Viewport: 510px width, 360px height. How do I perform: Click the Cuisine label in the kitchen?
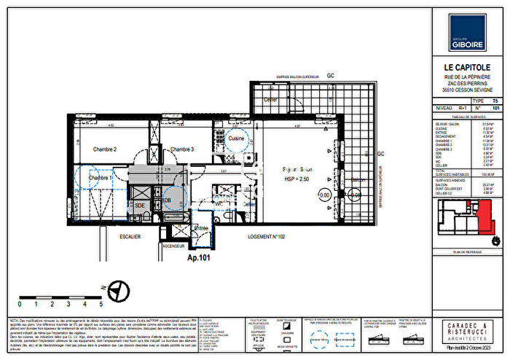coord(235,138)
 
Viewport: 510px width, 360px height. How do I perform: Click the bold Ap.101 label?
coord(199,257)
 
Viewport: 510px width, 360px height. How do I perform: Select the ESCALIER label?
coord(132,237)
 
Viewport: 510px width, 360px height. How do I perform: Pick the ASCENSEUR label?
coord(173,246)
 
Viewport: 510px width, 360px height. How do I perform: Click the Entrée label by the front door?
coord(200,229)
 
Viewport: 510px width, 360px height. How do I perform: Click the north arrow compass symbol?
coord(119,292)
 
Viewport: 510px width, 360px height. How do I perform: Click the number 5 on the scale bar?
coord(101,303)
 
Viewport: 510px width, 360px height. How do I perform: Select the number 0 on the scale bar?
coord(19,303)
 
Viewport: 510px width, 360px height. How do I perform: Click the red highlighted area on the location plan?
coord(483,217)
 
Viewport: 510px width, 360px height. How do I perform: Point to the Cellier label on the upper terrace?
coord(270,99)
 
